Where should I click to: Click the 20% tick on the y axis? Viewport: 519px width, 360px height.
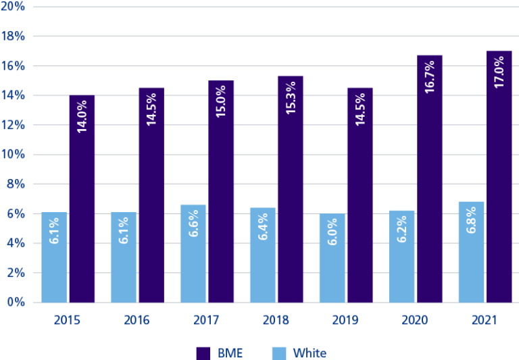14,6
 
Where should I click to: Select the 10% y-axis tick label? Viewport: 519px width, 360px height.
14,155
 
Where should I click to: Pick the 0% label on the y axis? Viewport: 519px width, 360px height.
17,303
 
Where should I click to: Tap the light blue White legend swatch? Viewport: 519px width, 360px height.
279,353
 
